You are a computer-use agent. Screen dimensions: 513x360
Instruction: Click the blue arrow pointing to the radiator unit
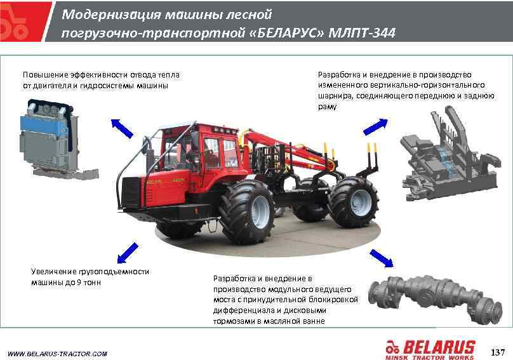122,128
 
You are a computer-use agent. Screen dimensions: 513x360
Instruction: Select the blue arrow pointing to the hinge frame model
376,126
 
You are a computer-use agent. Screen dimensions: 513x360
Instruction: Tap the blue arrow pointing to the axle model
382,258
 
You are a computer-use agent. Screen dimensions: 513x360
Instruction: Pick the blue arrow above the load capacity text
128,253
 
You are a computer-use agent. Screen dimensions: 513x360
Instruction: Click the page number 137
498,352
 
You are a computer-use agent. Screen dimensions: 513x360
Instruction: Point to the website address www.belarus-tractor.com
57,354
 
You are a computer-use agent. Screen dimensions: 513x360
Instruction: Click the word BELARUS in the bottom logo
439,347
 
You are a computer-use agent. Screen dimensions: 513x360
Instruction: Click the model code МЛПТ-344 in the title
362,33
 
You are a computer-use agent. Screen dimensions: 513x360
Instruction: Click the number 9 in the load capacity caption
79,282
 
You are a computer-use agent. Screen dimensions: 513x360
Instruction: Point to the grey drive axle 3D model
435,295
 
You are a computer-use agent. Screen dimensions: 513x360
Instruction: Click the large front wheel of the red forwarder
248,211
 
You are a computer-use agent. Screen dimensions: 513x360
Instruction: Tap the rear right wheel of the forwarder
354,202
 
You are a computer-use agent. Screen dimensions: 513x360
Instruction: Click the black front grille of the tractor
131,192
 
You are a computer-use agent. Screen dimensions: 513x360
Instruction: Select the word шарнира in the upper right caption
335,96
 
